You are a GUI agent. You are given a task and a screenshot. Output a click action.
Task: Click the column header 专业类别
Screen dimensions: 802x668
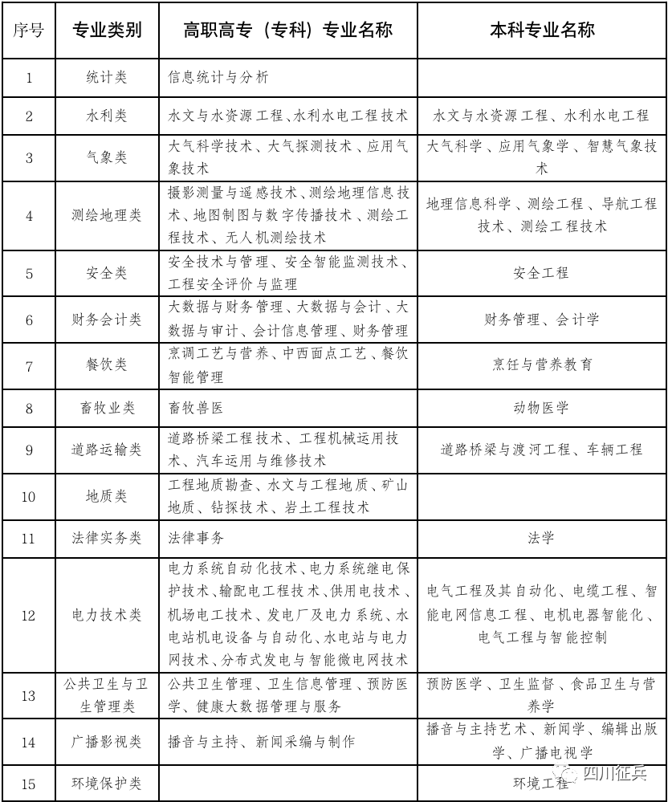click(107, 31)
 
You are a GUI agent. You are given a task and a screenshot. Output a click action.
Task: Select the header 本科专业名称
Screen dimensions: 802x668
click(542, 31)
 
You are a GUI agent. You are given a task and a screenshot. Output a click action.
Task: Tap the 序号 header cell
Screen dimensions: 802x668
click(29, 31)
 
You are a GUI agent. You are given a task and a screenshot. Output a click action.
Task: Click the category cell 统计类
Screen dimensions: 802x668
click(107, 78)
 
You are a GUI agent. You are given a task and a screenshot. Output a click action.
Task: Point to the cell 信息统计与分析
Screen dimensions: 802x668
click(218, 78)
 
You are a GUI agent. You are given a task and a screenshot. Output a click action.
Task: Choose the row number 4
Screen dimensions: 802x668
click(29, 215)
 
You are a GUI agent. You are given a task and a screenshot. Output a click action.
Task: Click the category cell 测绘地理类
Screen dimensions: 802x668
click(107, 215)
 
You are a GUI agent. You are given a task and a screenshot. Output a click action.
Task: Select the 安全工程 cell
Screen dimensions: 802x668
click(541, 273)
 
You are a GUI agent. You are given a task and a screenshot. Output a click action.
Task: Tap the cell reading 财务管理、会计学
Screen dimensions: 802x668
click(541, 320)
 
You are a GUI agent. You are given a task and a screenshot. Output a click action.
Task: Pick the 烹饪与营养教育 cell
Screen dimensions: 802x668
click(541, 365)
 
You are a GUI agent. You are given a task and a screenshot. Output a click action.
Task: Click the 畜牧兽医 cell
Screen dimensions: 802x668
click(196, 408)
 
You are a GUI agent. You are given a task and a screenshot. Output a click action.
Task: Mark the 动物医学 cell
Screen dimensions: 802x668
click(541, 408)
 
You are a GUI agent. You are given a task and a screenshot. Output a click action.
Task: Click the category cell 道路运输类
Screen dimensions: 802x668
click(107, 450)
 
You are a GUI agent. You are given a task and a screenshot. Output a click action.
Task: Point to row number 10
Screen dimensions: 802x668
click(29, 496)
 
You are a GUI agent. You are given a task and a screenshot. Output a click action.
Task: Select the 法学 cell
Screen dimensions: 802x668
click(541, 538)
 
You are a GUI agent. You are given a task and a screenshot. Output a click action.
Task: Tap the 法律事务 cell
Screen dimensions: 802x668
click(196, 538)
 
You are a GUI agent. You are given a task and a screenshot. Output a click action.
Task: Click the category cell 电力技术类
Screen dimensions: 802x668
click(107, 615)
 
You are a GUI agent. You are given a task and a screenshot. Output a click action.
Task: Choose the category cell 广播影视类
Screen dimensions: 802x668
click(107, 742)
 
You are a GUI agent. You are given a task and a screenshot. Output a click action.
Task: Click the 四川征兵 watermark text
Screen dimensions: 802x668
click(614, 772)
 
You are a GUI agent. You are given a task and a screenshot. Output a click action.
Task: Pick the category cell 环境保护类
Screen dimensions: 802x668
click(107, 784)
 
